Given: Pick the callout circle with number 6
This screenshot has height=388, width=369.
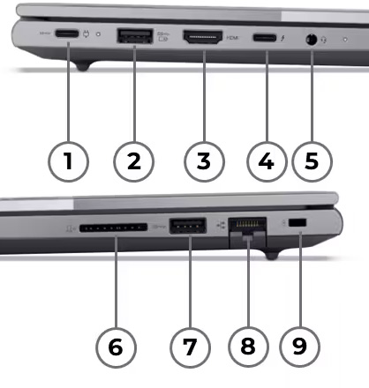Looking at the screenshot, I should pos(116,347).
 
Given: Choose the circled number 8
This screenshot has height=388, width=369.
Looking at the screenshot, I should pos(247,347).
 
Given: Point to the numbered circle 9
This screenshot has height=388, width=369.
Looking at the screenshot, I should pos(300,347).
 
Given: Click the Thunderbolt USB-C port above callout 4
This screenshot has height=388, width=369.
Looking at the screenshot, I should pos(267,38).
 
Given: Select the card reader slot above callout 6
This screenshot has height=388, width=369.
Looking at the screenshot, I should pos(112,227).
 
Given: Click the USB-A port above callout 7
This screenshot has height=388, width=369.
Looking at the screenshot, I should pos(186,226).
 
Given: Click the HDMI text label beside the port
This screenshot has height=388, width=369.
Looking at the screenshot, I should pos(232,38).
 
